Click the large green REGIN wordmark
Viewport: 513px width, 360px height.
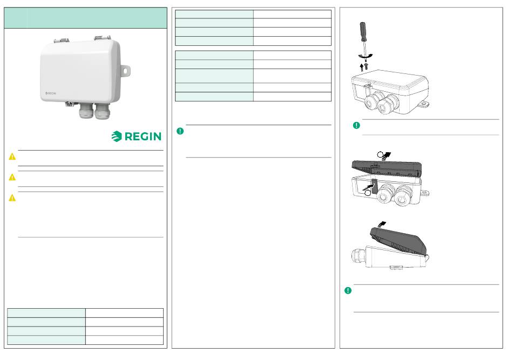(x=143, y=137)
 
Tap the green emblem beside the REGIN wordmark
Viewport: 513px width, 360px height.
(x=117, y=137)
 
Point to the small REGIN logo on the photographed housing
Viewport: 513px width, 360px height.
(x=51, y=93)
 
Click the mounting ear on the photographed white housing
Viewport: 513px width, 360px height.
(x=125, y=70)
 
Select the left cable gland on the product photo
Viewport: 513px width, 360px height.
(x=86, y=111)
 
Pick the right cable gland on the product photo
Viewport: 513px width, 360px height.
(x=103, y=112)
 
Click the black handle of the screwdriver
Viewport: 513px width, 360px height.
(x=363, y=31)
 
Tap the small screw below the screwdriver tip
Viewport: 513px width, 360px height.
(x=366, y=66)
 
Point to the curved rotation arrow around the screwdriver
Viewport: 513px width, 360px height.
(x=366, y=56)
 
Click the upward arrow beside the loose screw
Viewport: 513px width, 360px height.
(x=361, y=67)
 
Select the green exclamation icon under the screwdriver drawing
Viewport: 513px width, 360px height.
(x=356, y=125)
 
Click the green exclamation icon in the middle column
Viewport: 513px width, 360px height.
(x=180, y=131)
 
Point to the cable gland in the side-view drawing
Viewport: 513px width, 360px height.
(x=358, y=256)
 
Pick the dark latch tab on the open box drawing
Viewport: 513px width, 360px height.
(x=375, y=186)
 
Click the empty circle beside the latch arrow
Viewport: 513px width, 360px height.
(x=368, y=193)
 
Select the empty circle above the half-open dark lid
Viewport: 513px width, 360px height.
(x=380, y=155)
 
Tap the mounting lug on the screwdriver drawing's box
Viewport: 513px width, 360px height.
(x=424, y=104)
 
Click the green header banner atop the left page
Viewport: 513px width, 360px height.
(x=86, y=18)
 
